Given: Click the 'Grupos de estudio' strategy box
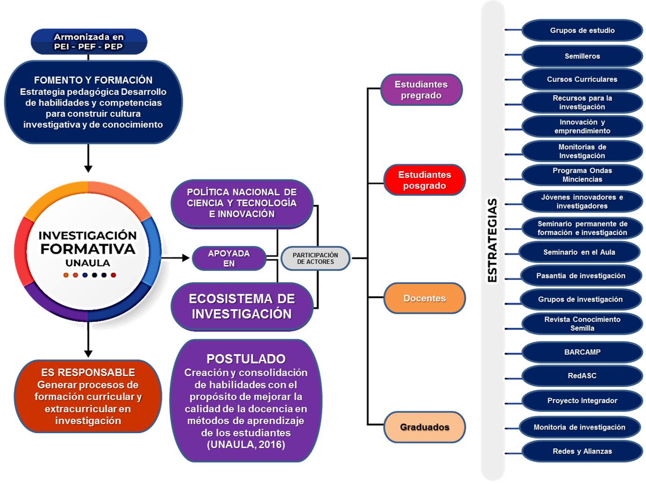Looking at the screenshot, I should pyautogui.click(x=582, y=31).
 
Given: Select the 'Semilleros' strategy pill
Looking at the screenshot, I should pyautogui.click(x=582, y=56).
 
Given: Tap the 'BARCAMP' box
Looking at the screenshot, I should pyautogui.click(x=582, y=352).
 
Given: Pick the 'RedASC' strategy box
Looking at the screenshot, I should pyautogui.click(x=582, y=376).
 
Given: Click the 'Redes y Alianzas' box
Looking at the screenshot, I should pyautogui.click(x=582, y=451).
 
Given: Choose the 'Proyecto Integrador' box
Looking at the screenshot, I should pyautogui.click(x=582, y=400).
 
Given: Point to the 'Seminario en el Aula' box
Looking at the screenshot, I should pyautogui.click(x=579, y=252).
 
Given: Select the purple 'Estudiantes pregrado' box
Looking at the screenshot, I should pyautogui.click(x=421, y=90).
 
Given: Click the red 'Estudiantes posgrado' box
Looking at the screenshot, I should pyautogui.click(x=425, y=180).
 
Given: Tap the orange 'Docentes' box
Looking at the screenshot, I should pyautogui.click(x=425, y=298).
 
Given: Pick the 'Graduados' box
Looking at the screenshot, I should pyautogui.click(x=425, y=427).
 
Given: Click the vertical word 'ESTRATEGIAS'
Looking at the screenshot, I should pyautogui.click(x=493, y=240).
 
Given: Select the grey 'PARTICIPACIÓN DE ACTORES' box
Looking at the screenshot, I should pyautogui.click(x=315, y=258).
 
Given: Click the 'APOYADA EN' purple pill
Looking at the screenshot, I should pyautogui.click(x=229, y=258).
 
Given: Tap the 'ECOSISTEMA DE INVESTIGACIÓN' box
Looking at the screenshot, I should pyautogui.click(x=242, y=306).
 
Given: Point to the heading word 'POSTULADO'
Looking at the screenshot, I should pyautogui.click(x=246, y=359).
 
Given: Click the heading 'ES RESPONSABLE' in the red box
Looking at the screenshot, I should pyautogui.click(x=88, y=373).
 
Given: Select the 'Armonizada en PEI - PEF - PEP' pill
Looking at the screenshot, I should pyautogui.click(x=88, y=42).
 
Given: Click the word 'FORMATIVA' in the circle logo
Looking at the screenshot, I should pyautogui.click(x=88, y=249).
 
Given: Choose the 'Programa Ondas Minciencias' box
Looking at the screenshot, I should pyautogui.click(x=582, y=175).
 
